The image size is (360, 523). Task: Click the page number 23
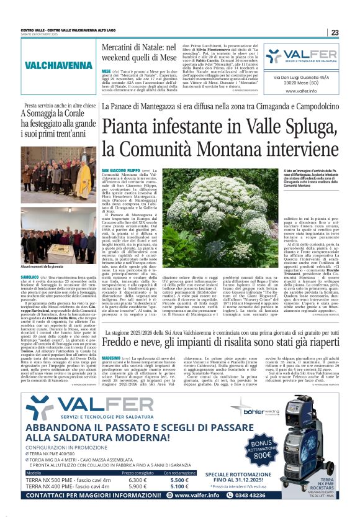click(x=335, y=32)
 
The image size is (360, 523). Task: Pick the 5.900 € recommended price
click(x=137, y=486)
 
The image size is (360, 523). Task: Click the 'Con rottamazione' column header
click(x=179, y=472)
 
